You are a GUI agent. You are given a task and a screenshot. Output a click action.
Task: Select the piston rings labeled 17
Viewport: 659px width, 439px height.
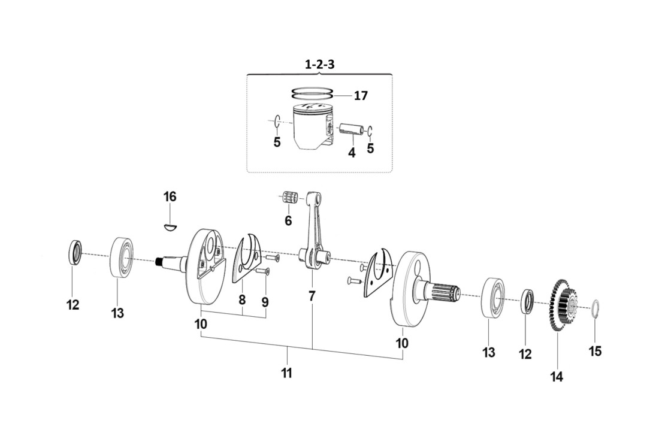(311, 93)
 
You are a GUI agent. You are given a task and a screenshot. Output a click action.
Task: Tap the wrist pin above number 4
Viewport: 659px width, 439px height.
(351, 129)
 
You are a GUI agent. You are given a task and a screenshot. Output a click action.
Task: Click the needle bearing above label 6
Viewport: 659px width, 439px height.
(291, 198)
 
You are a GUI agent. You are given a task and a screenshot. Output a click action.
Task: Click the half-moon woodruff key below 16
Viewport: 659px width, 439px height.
(170, 226)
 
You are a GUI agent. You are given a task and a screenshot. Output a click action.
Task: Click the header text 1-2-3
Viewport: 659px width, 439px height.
(319, 65)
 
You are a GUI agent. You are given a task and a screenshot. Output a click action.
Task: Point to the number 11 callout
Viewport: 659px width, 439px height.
(287, 373)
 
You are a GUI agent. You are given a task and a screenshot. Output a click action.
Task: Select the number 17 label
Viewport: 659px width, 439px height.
(361, 96)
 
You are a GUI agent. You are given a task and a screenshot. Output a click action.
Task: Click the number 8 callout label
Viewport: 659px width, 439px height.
(241, 299)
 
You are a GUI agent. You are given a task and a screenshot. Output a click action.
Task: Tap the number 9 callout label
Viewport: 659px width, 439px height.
(265, 302)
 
